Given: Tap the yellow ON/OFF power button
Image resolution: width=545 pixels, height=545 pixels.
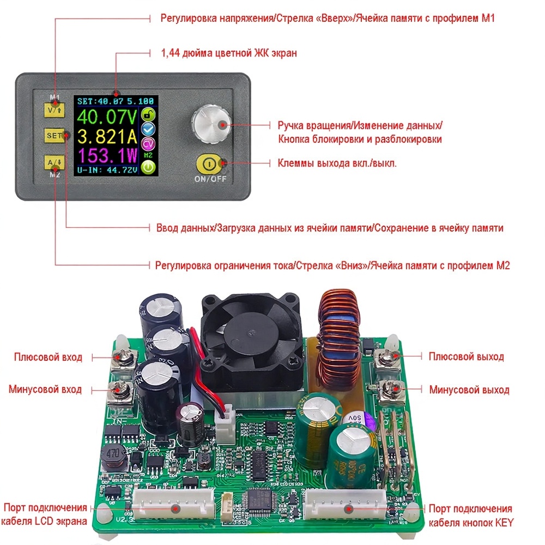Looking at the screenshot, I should tap(210, 163).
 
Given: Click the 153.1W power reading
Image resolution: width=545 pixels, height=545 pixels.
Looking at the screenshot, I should tap(107, 157).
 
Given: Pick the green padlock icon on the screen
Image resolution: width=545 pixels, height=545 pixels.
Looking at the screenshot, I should tap(148, 114).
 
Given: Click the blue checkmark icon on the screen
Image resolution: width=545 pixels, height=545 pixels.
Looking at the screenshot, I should tap(148, 129).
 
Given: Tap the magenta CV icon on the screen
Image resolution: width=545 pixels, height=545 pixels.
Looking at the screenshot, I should tap(148, 143).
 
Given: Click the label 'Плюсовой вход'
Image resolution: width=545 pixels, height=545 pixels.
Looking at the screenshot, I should tap(48, 358).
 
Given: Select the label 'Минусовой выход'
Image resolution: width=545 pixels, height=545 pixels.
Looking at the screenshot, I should tap(469, 390).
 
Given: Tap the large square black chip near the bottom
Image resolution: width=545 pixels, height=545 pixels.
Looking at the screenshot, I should tap(261, 500).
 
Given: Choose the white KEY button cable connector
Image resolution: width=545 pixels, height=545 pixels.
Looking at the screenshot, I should tap(346, 508).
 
